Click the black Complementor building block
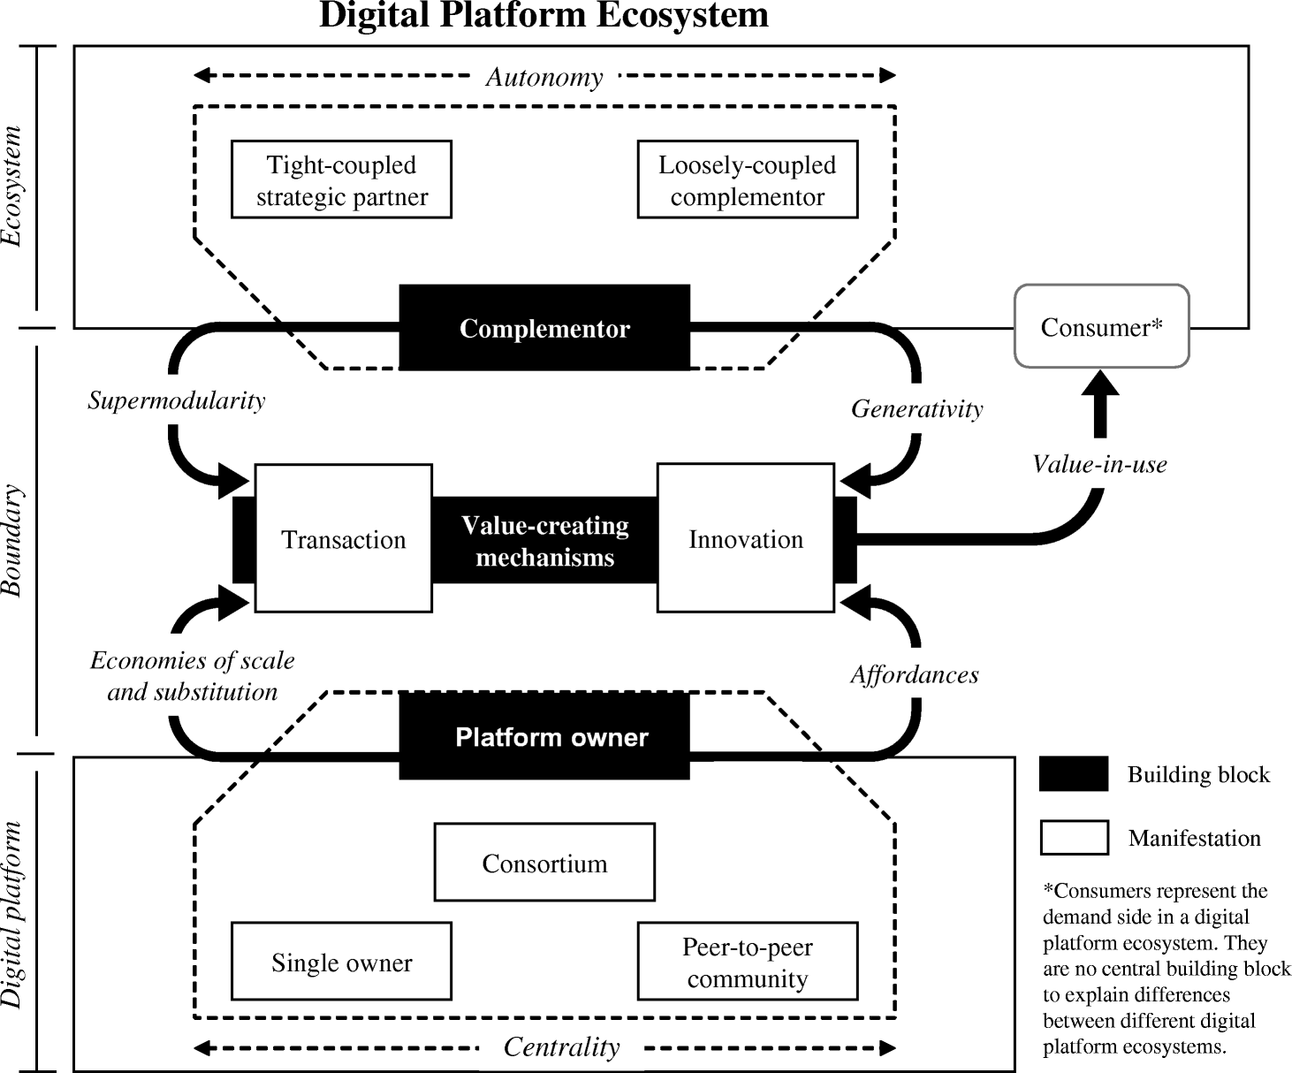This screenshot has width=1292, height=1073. pos(544,328)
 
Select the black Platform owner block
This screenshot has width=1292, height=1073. pos(544,736)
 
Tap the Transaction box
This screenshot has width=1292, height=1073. pos(343,538)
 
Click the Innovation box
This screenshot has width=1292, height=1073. pos(746,538)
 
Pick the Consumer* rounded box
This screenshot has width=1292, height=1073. pos(1101,326)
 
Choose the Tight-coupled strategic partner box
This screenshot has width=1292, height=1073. pos(341,179)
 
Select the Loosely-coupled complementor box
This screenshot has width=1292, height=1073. pos(747,179)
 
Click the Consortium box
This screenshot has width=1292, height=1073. pos(544,863)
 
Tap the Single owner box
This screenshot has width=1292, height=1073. pos(341,962)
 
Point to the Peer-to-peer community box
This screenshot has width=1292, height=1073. pos(747,962)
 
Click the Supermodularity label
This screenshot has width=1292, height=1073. pos(176,400)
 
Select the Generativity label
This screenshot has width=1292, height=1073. pos(916,408)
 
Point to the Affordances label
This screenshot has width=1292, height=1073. pos(915,674)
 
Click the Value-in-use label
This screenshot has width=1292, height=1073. pos(1099,464)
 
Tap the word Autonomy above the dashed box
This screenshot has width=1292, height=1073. pos(544,77)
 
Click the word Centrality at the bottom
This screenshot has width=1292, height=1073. pos(561,1047)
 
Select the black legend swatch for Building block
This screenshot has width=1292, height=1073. pos(1074,774)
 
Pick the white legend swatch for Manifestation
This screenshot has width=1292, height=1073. pos(1074,838)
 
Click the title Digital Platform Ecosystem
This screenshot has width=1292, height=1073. pos(543,16)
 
